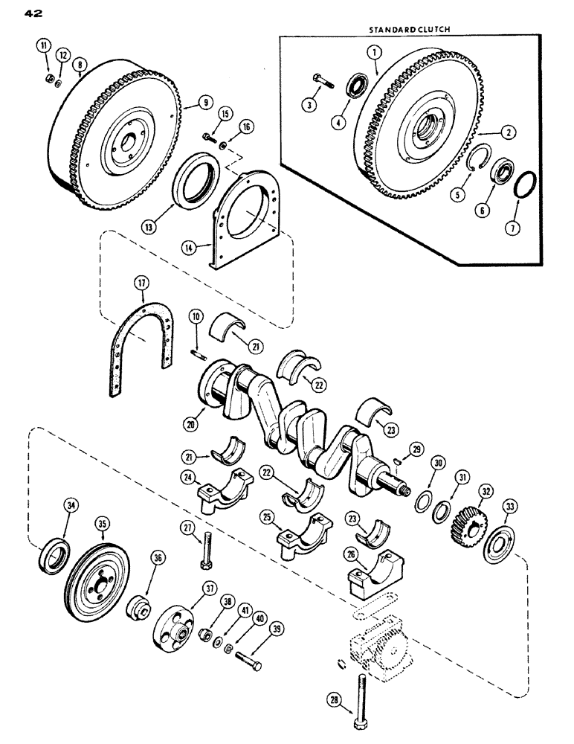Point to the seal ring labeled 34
(x=56, y=554)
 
